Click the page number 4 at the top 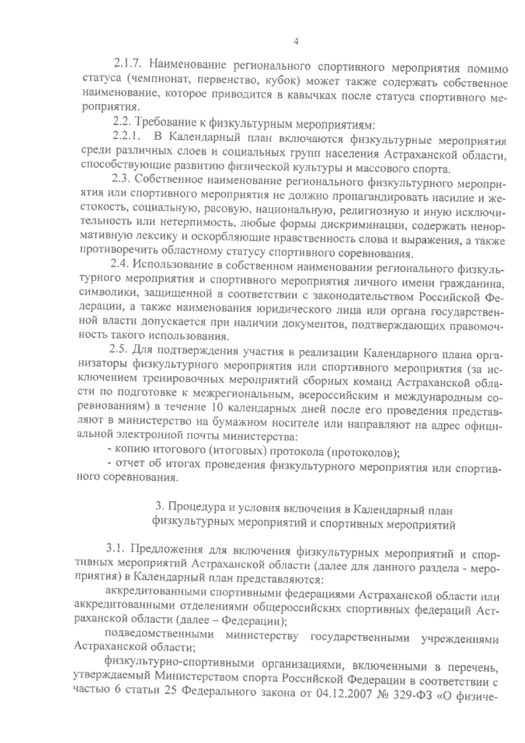click(x=296, y=42)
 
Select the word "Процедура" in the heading click(x=189, y=509)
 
